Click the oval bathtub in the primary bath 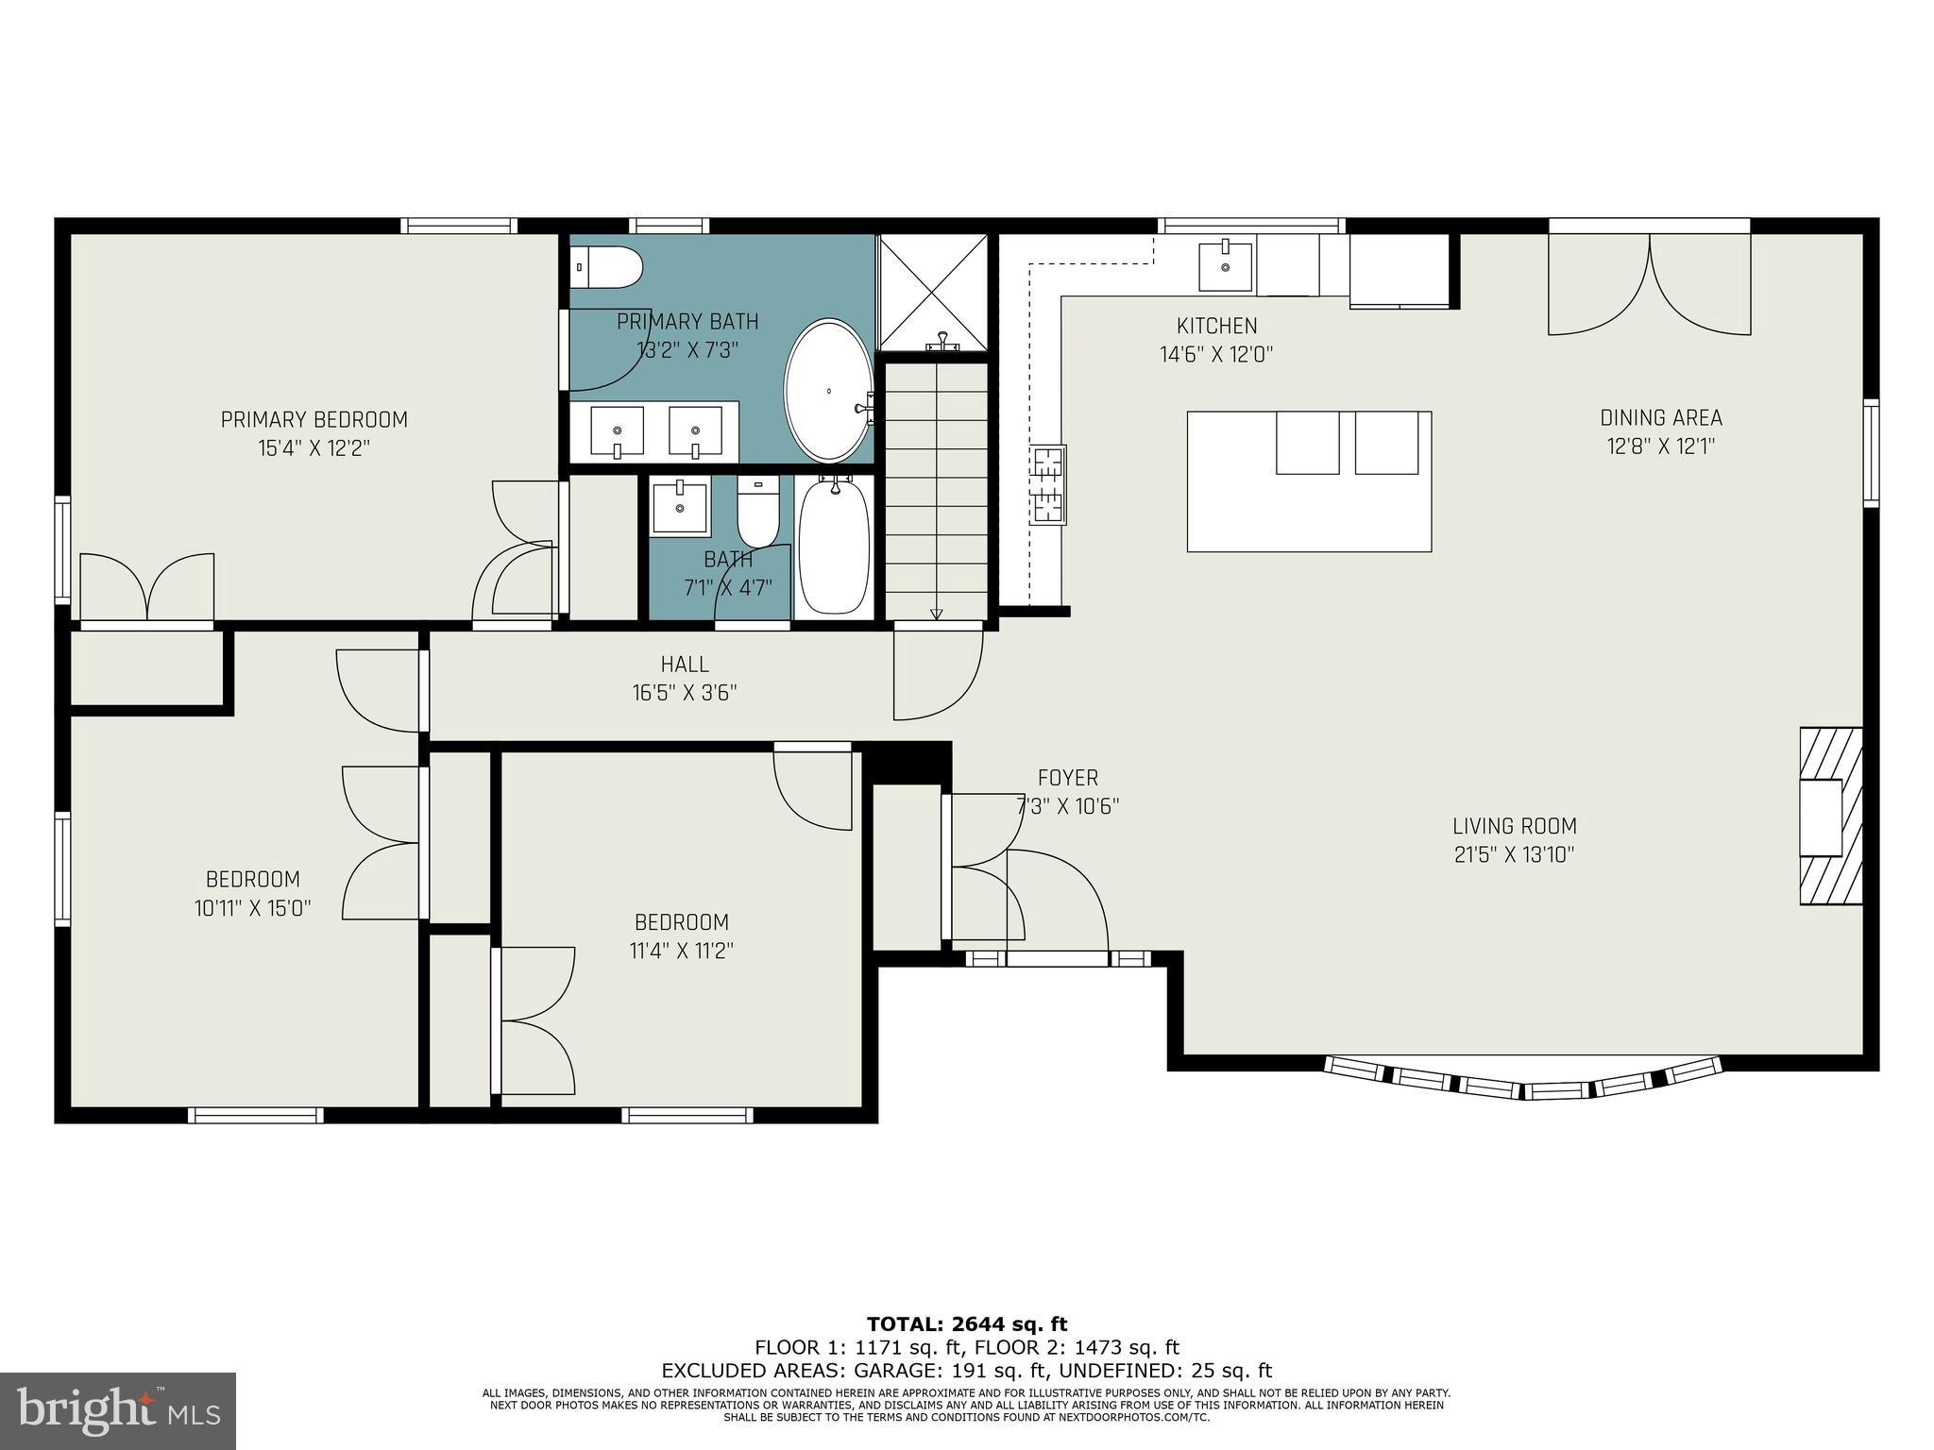[828, 390]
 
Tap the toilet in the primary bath [609, 267]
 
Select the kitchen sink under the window [1225, 266]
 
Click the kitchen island [1309, 481]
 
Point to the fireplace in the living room [1830, 816]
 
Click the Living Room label [1514, 826]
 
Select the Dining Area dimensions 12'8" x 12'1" [1660, 446]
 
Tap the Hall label [685, 665]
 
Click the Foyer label [1067, 778]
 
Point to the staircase [936, 491]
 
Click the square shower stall [931, 292]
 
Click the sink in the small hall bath [680, 507]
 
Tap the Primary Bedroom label [314, 419]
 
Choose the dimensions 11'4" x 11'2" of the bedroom [681, 950]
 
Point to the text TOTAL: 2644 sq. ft [966, 1324]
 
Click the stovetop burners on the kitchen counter [1049, 484]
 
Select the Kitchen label [1216, 326]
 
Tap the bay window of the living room [1522, 1080]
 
